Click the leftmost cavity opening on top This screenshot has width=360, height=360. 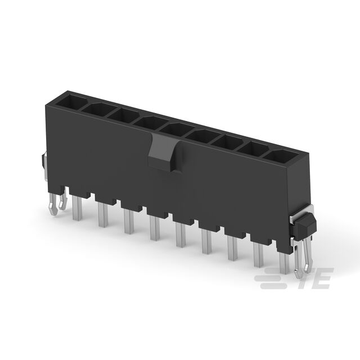71,101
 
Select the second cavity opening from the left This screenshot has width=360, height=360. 97,108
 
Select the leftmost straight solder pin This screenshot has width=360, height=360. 77,208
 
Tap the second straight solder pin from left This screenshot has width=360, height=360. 103,215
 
